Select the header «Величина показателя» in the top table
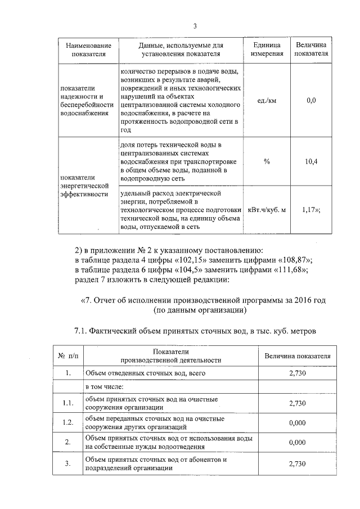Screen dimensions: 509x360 pos(311,49)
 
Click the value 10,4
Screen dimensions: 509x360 pos(311,161)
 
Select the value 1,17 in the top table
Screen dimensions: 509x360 pos(310,210)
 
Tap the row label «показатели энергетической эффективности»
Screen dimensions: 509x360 pos(84,185)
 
